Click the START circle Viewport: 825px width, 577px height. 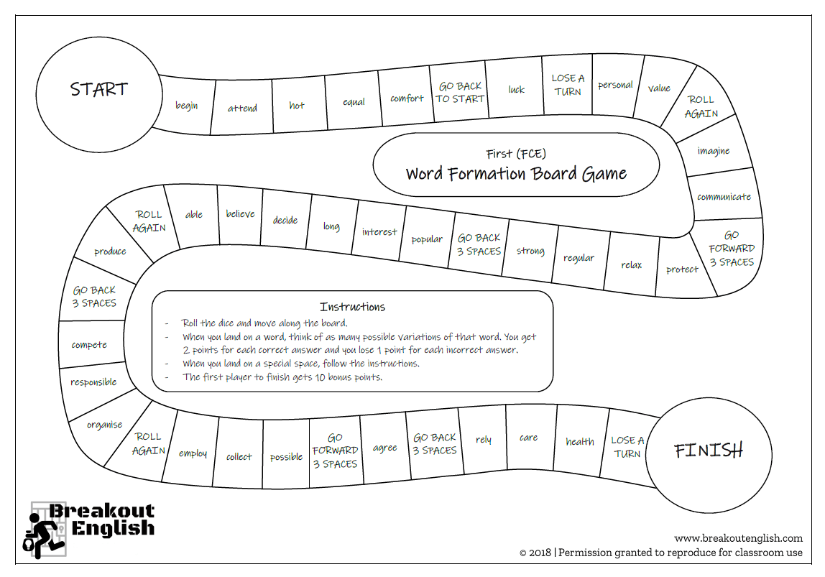tap(99, 89)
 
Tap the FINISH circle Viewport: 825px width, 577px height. tap(708, 451)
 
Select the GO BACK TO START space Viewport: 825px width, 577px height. tap(460, 93)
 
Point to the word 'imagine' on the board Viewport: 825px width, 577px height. tap(714, 151)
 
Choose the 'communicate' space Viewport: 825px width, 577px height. tap(724, 197)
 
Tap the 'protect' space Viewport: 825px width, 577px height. tap(682, 269)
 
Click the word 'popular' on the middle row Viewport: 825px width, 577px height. tap(427, 239)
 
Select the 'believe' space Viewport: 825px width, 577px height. tap(240, 214)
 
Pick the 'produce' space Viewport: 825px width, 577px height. tap(110, 251)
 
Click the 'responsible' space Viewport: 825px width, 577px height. tap(93, 382)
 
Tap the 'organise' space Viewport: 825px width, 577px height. tap(105, 425)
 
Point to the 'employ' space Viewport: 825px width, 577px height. tap(193, 453)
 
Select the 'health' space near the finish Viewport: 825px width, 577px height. tap(579, 442)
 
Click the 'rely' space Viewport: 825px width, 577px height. tap(484, 440)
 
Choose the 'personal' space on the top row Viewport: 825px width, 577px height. tap(615, 85)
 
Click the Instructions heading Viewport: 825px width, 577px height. tap(352, 307)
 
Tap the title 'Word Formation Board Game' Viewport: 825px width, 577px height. tap(516, 174)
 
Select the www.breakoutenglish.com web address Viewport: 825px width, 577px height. tap(738, 538)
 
